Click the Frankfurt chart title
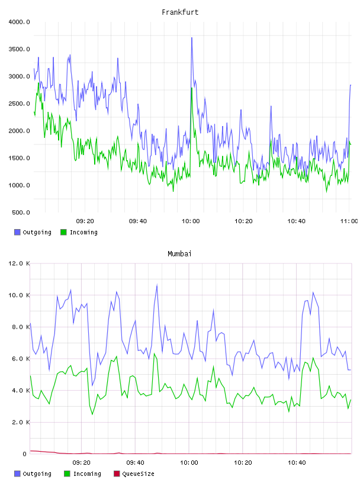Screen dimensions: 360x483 tap(180, 12)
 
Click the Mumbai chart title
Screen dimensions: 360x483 tap(179, 253)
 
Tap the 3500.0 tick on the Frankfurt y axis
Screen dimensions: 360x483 tap(19, 49)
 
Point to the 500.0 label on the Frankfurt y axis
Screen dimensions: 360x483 tap(21, 212)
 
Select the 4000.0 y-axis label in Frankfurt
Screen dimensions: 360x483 tap(19, 22)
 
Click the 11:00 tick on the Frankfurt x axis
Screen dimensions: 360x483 tap(349, 221)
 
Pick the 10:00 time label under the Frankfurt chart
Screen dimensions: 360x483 tap(191, 221)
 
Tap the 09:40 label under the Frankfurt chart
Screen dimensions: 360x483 tap(138, 221)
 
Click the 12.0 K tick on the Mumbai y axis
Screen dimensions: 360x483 tap(19, 263)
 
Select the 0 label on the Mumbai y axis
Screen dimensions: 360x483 tap(25, 454)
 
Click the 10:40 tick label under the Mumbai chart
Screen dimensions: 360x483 tap(297, 463)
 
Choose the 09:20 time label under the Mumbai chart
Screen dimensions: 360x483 tap(81, 463)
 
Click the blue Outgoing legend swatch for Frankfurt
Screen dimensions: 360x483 tap(17, 232)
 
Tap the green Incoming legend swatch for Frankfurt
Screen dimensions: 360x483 tap(63, 232)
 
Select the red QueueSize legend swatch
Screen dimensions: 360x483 tap(117, 474)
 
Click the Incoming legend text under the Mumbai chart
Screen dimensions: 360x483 tap(87, 474)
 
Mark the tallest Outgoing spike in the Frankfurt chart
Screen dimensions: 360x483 tap(192, 38)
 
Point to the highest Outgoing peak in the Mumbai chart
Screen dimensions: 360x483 tap(157, 285)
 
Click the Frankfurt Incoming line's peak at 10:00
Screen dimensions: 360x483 tap(191, 88)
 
